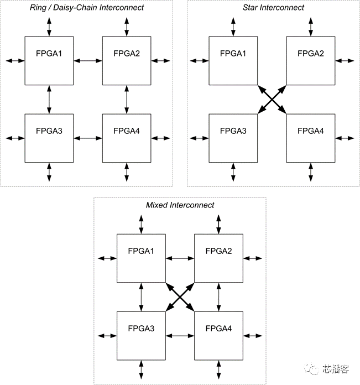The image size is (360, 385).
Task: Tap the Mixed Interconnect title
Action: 180,205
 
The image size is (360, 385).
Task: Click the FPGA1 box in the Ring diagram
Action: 50,61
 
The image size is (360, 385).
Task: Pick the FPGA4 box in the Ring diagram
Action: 127,138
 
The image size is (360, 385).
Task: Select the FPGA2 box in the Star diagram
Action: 310,61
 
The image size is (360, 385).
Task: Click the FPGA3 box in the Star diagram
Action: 233,138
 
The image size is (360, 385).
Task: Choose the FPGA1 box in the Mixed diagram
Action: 142,258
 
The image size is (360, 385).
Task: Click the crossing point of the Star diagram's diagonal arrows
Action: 272,100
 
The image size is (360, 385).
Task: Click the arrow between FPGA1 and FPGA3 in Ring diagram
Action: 50,99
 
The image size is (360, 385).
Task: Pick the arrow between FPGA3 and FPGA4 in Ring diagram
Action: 88,138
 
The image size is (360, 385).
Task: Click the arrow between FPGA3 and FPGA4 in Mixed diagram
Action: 180,335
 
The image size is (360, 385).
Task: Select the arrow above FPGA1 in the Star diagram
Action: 233,27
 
